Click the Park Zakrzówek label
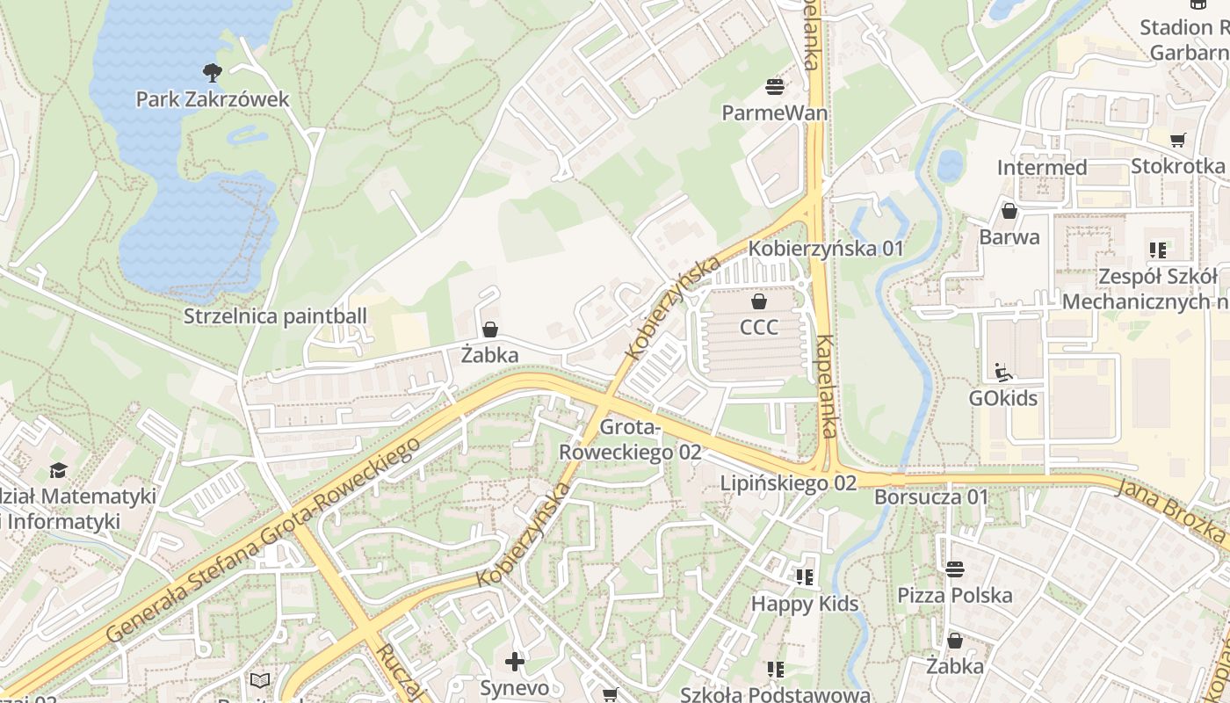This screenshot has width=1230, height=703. coord(212,99)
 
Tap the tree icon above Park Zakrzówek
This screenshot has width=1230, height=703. coord(212,72)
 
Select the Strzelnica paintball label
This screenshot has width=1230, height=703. coord(275,316)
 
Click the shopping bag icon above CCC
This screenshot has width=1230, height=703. coord(759,301)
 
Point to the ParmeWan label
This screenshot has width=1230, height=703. coord(775,113)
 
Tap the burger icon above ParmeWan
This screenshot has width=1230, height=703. coord(775,86)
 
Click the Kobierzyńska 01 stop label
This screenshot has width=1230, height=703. coord(826,249)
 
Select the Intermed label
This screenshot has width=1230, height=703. coord(1042,167)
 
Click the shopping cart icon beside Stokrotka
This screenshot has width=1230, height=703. coord(1178,140)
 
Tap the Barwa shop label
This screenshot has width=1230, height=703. coord(1009,237)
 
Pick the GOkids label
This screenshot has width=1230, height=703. coord(1003,399)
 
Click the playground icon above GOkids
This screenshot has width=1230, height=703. coord(1003,372)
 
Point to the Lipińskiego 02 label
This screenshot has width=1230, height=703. coord(788,483)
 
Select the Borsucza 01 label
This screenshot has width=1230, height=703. coord(931,497)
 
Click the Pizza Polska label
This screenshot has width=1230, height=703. coord(955,596)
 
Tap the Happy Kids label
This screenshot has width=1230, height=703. coord(805,605)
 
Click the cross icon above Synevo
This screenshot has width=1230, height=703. coord(515,661)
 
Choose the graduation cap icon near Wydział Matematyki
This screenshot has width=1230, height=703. coord(58,470)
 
